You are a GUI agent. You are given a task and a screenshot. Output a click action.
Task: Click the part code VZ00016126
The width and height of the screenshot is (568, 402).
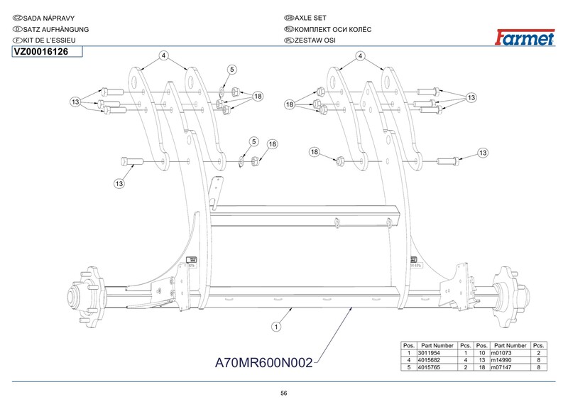pos(41,51)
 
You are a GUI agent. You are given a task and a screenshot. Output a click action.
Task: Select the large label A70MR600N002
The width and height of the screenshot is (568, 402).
pos(263,363)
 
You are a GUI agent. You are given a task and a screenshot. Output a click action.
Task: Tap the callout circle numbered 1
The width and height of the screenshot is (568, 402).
pos(275,327)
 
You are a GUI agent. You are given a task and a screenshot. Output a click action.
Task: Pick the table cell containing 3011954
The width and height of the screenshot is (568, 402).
pos(437,353)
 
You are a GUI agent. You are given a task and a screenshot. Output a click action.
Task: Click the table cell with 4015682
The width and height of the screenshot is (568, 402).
pos(437,361)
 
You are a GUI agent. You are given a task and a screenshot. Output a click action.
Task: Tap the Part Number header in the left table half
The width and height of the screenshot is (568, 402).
pos(437,344)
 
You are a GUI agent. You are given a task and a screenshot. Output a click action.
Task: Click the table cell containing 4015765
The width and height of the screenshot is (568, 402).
pos(437,369)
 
